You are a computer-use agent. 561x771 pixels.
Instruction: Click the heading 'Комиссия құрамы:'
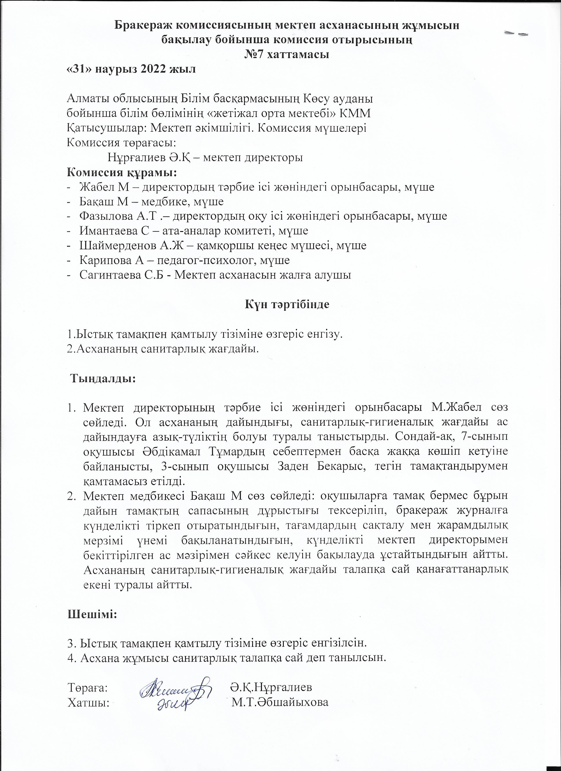(122, 172)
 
